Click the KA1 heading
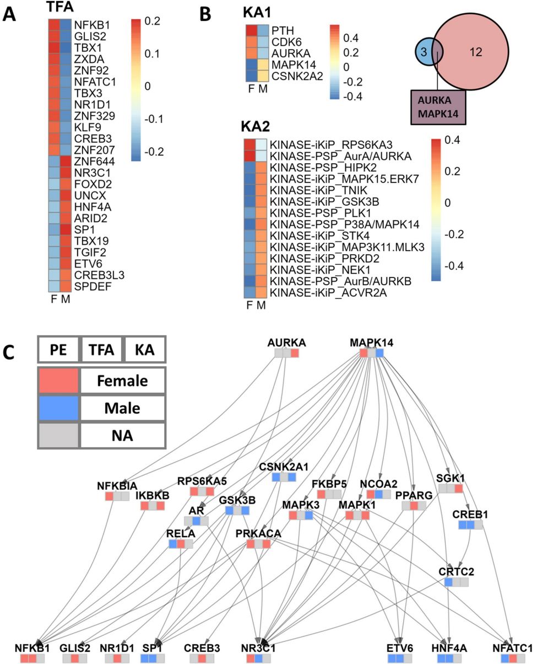click(x=258, y=12)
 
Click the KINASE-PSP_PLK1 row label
click(x=313, y=213)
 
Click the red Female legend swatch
click(x=59, y=380)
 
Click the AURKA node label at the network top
click(x=286, y=343)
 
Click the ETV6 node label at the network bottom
click(x=399, y=647)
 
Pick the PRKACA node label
click(x=258, y=534)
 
